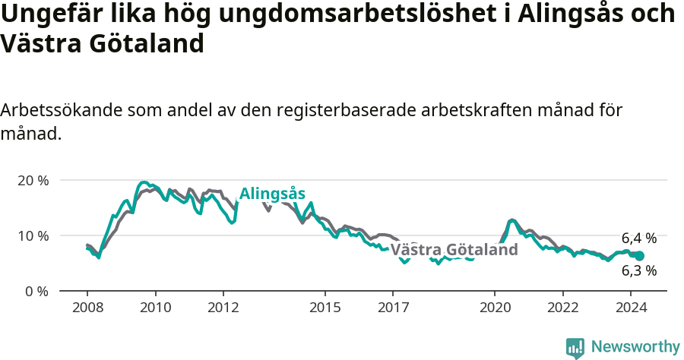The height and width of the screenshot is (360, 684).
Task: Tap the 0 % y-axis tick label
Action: (x=36, y=291)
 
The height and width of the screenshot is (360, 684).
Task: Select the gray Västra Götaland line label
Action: (x=454, y=250)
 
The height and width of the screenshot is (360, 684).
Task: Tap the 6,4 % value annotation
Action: (x=638, y=238)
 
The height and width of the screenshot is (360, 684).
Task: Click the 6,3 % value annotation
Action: (x=638, y=270)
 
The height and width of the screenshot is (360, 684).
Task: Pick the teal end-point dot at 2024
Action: (x=640, y=256)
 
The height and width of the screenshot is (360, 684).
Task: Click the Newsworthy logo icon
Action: (x=575, y=347)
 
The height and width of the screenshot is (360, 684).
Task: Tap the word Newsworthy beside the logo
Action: (x=635, y=347)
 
